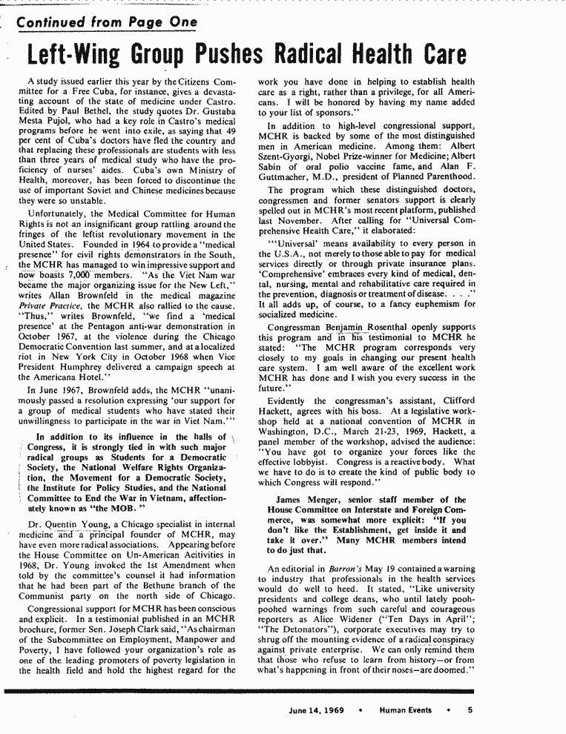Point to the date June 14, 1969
[317, 710]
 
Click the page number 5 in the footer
[470, 710]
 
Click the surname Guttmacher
[290, 178]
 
